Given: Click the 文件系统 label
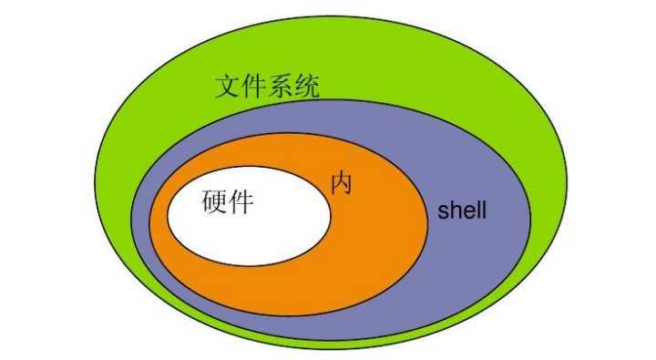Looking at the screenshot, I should pyautogui.click(x=267, y=87).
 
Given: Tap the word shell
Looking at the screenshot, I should pyautogui.click(x=462, y=211).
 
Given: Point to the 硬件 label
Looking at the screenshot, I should pyautogui.click(x=227, y=201).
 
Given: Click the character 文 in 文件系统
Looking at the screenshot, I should pyautogui.click(x=228, y=87).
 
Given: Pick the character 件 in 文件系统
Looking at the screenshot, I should pyautogui.click(x=254, y=87).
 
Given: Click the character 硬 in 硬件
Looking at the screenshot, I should pyautogui.click(x=213, y=201).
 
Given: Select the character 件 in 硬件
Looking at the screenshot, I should pyautogui.click(x=241, y=201).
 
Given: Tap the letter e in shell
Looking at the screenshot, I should pyautogui.click(x=466, y=213).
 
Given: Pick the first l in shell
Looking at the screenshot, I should pyautogui.click(x=475, y=211).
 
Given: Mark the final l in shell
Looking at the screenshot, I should pyautogui.click(x=482, y=211).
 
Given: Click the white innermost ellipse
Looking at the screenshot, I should pyautogui.click(x=273, y=228).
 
